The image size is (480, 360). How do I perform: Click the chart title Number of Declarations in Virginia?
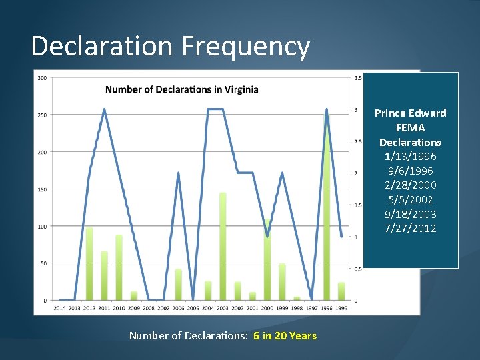click(182, 89)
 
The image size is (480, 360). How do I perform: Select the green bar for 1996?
click(327, 213)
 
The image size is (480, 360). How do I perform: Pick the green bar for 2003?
click(223, 247)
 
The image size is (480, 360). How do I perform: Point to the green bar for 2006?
click(178, 285)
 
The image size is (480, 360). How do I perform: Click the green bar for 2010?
click(119, 267)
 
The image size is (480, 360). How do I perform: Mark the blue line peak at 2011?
click(104, 109)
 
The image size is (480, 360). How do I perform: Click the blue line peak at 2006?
click(178, 173)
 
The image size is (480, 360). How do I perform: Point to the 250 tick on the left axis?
click(42, 115)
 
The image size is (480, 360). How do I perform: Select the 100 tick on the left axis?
click(42, 227)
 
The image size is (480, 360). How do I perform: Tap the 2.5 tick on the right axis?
click(357, 142)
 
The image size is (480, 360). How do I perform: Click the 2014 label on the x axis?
click(60, 308)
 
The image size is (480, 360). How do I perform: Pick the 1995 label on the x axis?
click(341, 308)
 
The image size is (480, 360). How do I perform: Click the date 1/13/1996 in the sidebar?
click(410, 157)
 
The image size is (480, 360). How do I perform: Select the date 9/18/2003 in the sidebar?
click(410, 214)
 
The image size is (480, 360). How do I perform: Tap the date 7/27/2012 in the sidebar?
click(410, 229)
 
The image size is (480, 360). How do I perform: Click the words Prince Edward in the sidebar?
click(410, 113)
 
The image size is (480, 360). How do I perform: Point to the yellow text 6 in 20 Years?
click(285, 336)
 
